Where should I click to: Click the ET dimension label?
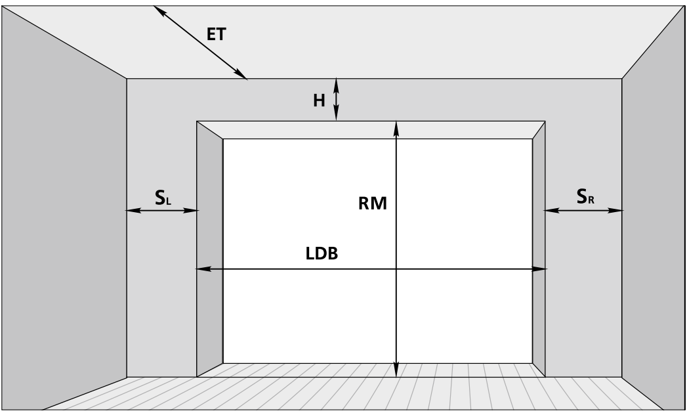point(217,34)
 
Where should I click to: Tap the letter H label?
point(319,101)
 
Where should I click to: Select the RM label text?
point(373,204)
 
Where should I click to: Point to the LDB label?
point(322,253)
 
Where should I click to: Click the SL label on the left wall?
point(163,198)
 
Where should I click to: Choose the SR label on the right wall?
point(585,196)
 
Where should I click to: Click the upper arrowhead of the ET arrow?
point(159,11)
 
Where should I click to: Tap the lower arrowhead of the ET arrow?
point(241,75)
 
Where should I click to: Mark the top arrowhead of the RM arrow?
point(396,127)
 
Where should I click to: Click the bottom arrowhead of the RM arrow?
point(396,370)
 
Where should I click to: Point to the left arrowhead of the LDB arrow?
point(203,269)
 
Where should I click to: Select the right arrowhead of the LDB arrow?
point(539,269)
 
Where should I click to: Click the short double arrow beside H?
point(336,100)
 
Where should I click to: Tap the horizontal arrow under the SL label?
point(163,211)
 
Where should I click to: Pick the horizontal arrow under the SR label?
point(583,211)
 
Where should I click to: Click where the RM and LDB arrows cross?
point(396,269)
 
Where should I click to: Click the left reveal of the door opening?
point(210,249)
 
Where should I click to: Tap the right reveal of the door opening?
point(539,249)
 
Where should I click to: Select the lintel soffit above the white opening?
point(371,130)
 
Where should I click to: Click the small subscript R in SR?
point(591,200)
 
